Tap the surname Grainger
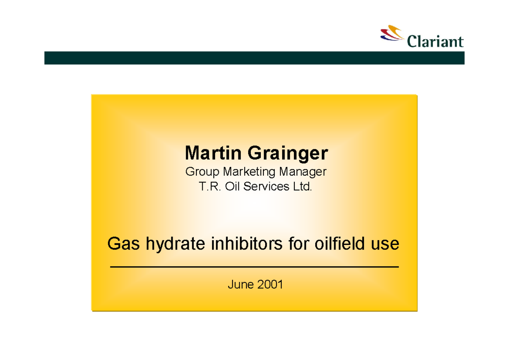(x=288, y=154)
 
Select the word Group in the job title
(x=202, y=172)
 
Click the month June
(x=239, y=284)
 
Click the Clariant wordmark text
(x=435, y=42)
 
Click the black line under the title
(x=254, y=267)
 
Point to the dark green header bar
(x=254, y=58)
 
